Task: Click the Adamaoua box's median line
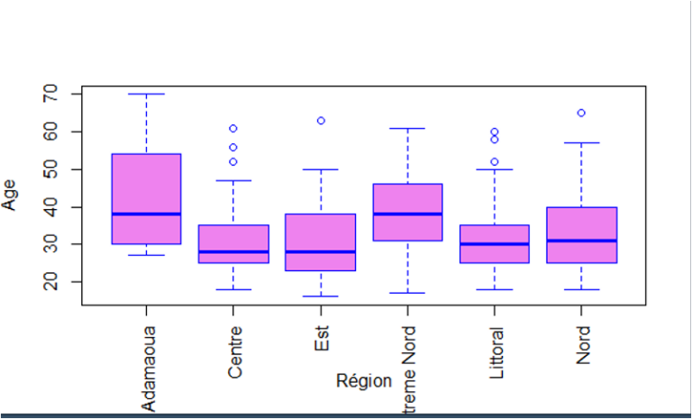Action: point(146,214)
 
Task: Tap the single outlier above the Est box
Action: point(321,121)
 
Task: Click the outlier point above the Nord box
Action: point(581,113)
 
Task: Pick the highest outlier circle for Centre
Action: point(233,128)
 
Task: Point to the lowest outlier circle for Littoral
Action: point(495,162)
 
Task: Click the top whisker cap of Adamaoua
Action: point(146,94)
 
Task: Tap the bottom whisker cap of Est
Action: point(321,296)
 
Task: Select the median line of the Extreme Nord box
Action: point(407,214)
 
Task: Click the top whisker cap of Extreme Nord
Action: point(407,129)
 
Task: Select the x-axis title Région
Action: point(364,380)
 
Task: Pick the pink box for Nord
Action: point(581,234)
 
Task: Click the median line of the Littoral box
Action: point(495,244)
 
